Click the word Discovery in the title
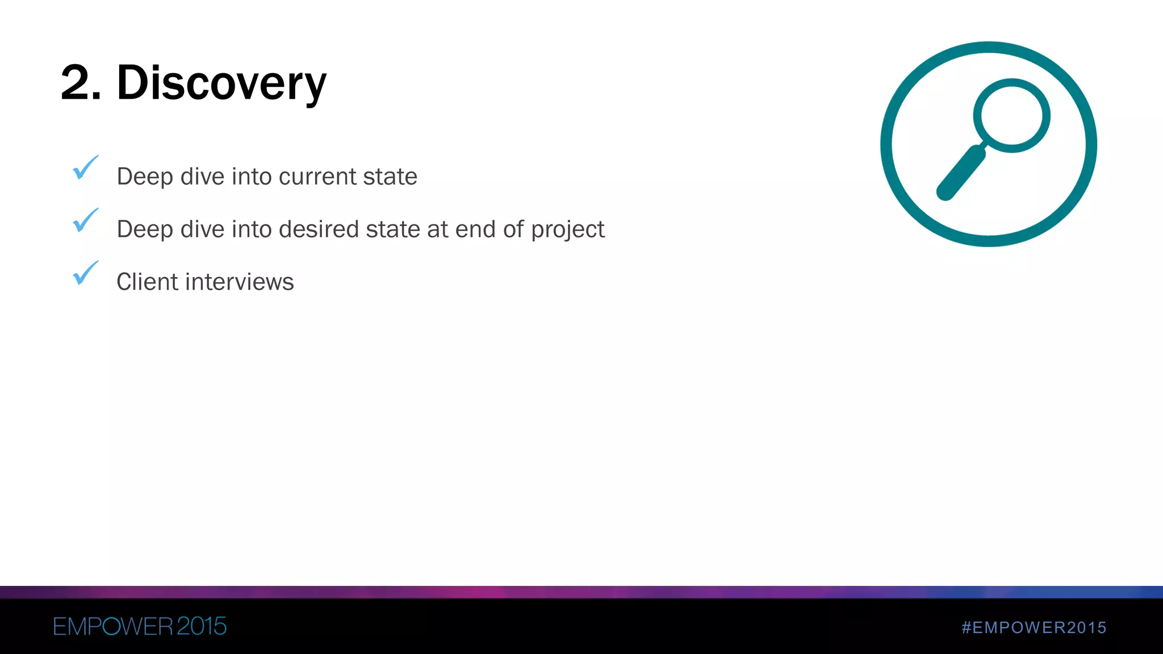[221, 83]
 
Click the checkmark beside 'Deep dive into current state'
[85, 168]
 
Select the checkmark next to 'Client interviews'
[85, 273]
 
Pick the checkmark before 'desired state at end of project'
[85, 221]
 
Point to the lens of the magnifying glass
[1011, 115]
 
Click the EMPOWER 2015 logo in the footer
[140, 627]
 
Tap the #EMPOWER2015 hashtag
[1034, 627]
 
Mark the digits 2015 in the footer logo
[202, 627]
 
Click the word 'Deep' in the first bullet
[144, 177]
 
